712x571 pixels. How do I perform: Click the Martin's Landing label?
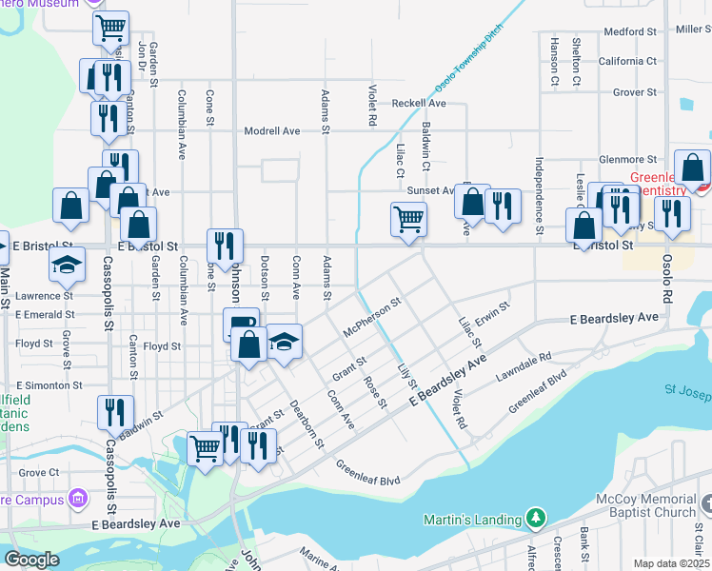[x=472, y=520]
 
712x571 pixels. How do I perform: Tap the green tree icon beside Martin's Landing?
[x=536, y=519]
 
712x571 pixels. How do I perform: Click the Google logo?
[x=31, y=560]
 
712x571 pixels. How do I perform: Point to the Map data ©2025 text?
[x=670, y=563]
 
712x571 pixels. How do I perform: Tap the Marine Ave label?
[x=321, y=556]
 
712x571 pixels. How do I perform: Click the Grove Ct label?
[x=39, y=472]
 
